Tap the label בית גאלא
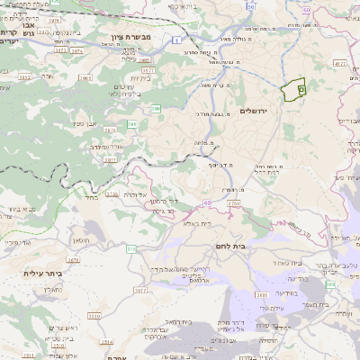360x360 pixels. coord(195,223)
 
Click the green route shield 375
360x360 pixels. coord(131,248)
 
